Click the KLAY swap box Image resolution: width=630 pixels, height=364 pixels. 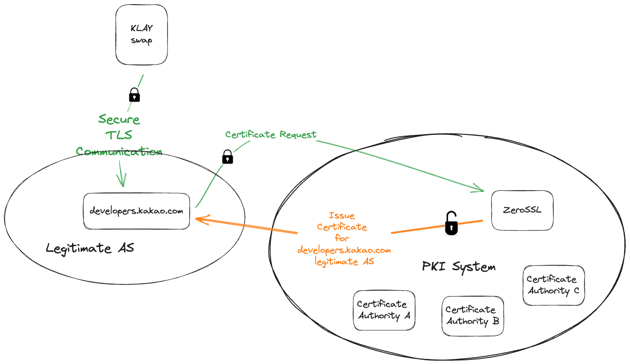click(x=141, y=35)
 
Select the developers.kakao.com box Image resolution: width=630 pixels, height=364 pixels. click(x=137, y=211)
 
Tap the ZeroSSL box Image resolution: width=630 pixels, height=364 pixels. click(x=522, y=210)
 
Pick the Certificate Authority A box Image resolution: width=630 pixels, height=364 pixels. click(x=384, y=310)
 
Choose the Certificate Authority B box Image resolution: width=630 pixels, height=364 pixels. click(x=473, y=316)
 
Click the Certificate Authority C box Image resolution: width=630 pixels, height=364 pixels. click(x=553, y=285)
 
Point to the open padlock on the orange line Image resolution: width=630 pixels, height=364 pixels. click(x=451, y=224)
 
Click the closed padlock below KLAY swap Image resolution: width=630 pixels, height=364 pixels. click(x=134, y=95)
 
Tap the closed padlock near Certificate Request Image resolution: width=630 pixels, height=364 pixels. click(x=228, y=157)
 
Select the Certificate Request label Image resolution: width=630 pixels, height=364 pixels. click(x=271, y=134)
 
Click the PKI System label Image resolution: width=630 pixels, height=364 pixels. click(x=459, y=267)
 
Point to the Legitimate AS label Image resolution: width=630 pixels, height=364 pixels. click(x=90, y=248)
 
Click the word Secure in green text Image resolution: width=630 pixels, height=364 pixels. click(x=119, y=120)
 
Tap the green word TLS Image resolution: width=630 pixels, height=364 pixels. click(x=119, y=135)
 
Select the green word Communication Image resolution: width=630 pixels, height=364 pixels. click(x=119, y=151)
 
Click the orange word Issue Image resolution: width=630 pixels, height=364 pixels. click(x=342, y=215)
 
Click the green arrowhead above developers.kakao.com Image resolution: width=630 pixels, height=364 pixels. click(x=123, y=180)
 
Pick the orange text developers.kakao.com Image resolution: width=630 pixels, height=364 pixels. click(x=344, y=250)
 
